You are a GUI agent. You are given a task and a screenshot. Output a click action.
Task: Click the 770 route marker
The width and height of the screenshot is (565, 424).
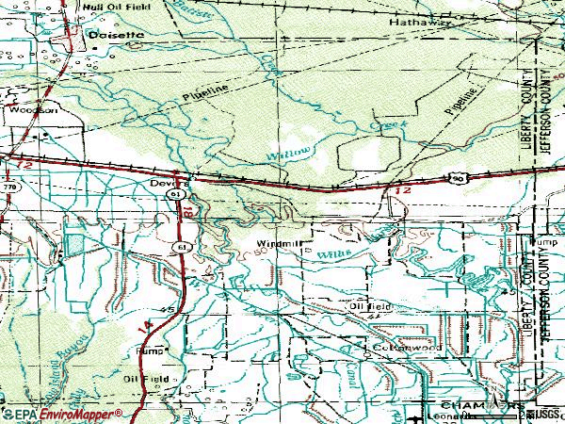10,188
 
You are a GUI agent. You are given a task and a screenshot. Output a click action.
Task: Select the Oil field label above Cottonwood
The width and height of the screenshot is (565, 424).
370,306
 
